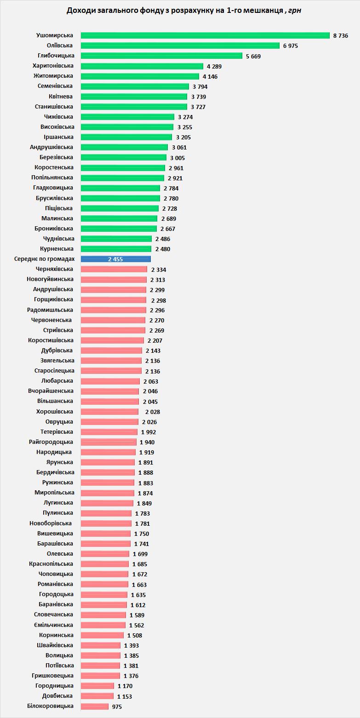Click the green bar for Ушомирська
[x=205, y=35]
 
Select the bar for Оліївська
[x=180, y=46]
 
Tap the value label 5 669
[x=253, y=56]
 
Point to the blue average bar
[x=116, y=259]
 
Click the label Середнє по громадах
[x=45, y=259]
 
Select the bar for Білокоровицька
[x=95, y=706]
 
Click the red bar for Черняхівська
[x=114, y=269]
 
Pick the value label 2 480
[x=162, y=249]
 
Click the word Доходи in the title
[x=81, y=10]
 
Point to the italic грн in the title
[x=294, y=10]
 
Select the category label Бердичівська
[x=55, y=472]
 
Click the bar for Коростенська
[x=123, y=167]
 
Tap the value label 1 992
[x=149, y=432]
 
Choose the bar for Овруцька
[x=109, y=422]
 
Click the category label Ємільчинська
[x=53, y=625]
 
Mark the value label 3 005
[x=177, y=158]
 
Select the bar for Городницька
[x=97, y=686]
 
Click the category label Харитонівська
[x=52, y=66]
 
